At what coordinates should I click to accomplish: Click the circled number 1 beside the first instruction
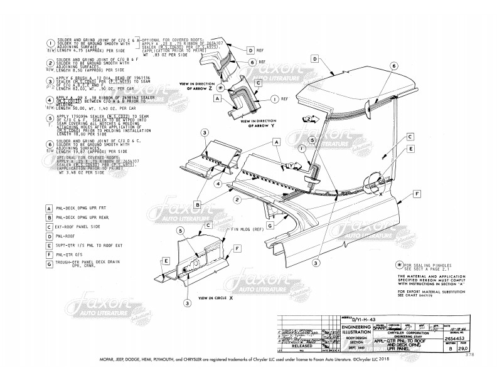click(x=49, y=43)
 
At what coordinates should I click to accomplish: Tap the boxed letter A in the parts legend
click(x=49, y=209)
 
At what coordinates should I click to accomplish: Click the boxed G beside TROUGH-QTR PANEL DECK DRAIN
click(x=49, y=265)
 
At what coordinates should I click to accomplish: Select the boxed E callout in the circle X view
click(x=166, y=260)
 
